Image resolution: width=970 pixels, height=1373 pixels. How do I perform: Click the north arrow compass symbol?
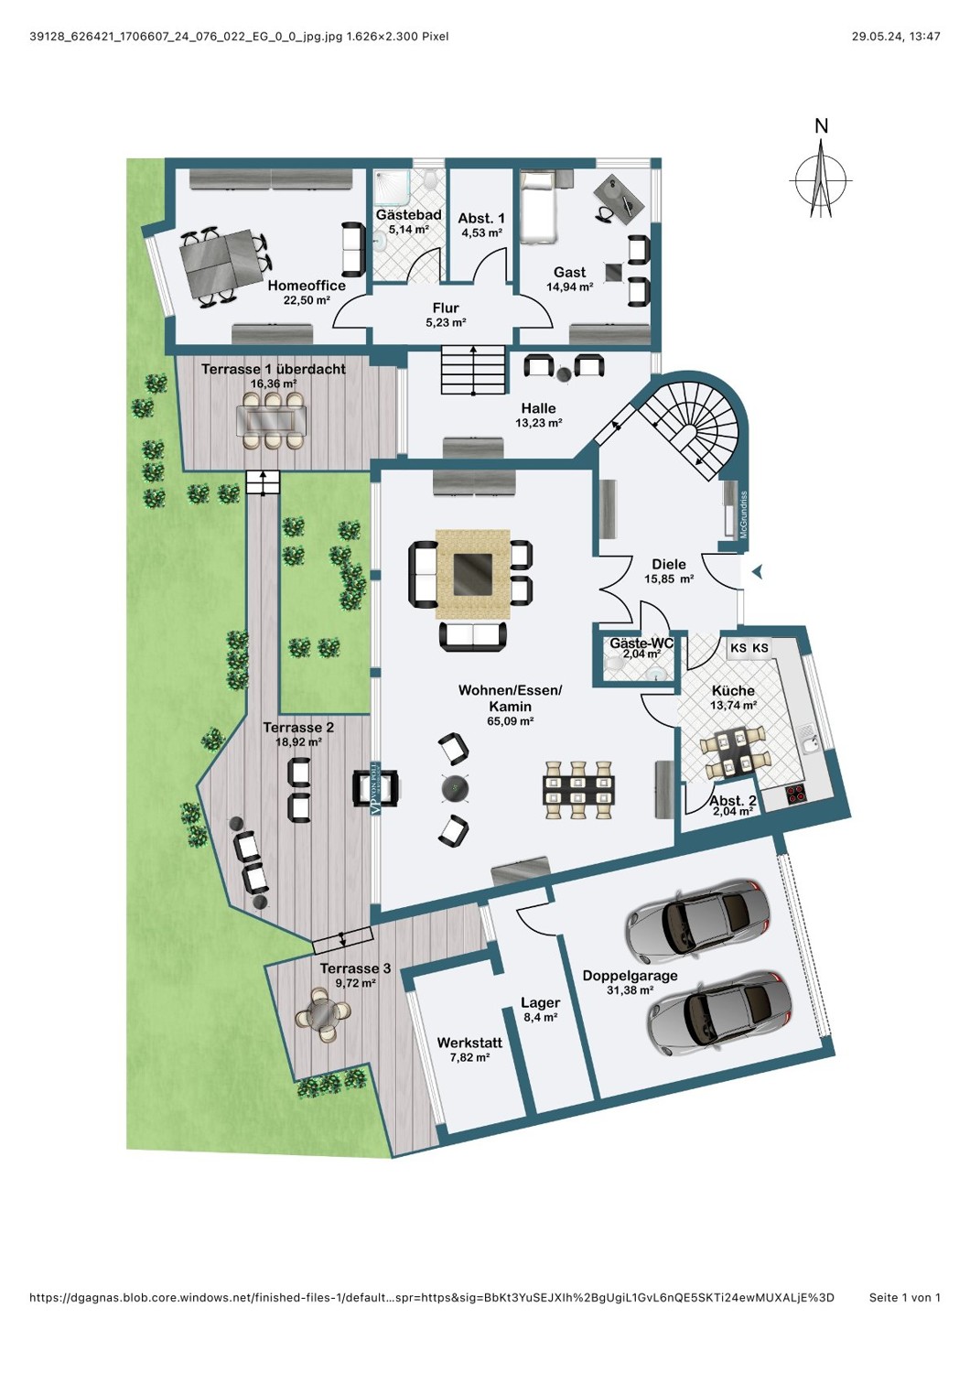coord(820,179)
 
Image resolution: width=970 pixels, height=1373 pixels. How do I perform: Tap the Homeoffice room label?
coord(307,286)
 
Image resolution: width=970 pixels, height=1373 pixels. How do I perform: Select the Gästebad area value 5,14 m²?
coord(409,230)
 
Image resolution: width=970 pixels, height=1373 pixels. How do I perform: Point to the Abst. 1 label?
coord(481,218)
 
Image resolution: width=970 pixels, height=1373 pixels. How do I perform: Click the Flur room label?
coord(446,308)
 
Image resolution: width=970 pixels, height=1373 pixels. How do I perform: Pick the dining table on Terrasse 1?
coord(273,420)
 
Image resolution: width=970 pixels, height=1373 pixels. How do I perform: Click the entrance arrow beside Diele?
coord(758,572)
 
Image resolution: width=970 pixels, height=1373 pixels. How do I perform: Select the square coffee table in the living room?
coord(472,574)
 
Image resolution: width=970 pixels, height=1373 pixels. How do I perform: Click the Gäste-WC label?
coord(641,643)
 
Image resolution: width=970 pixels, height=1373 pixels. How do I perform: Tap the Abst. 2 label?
coord(732,801)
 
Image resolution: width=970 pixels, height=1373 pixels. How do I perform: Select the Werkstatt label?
coord(469,1043)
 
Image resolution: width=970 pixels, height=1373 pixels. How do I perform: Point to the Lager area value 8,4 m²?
coord(540,1018)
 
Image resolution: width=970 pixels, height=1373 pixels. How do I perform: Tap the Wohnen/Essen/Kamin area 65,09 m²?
coord(510,721)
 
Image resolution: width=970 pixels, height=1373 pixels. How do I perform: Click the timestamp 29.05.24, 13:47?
coord(895,37)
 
